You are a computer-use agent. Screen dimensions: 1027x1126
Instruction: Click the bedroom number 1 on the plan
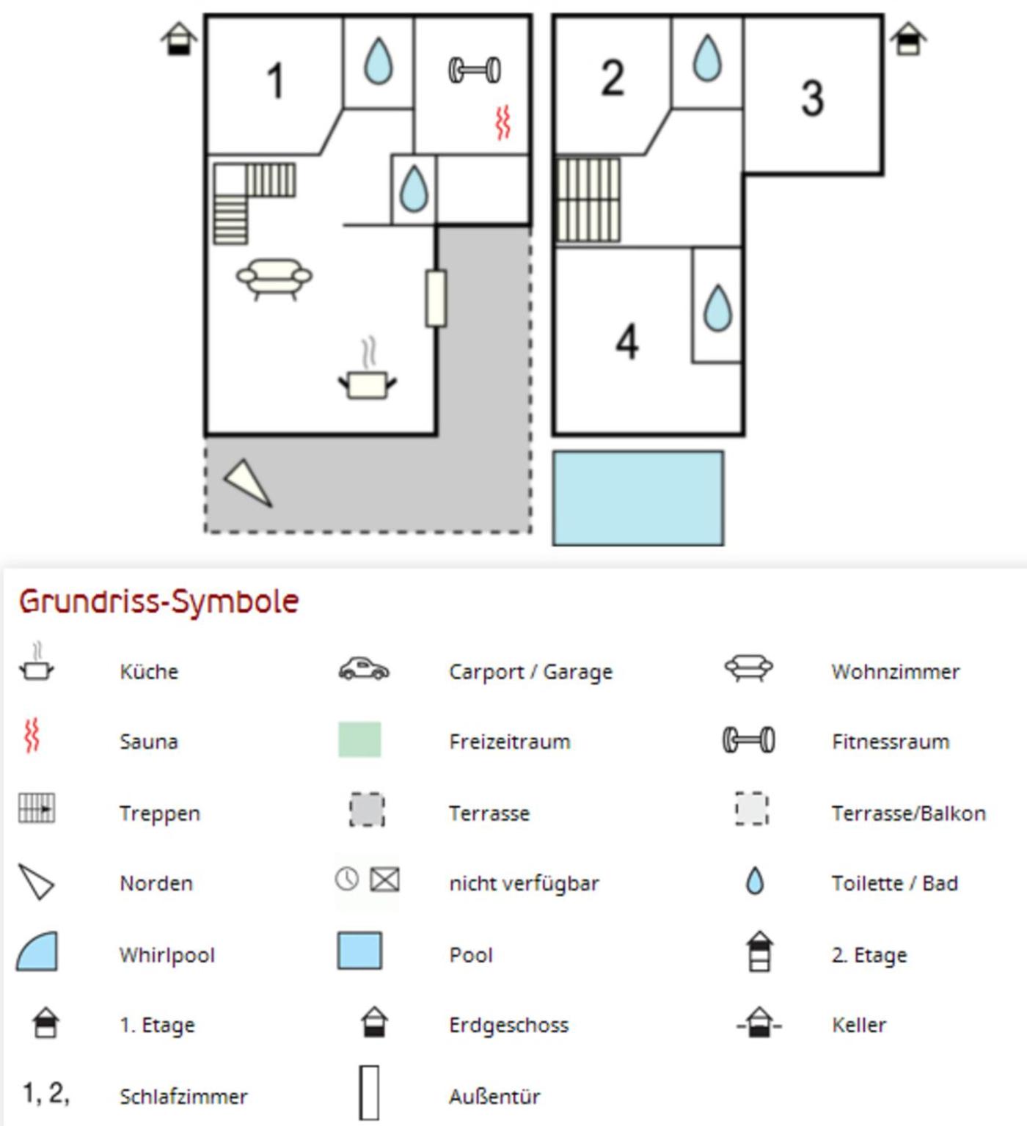(x=276, y=80)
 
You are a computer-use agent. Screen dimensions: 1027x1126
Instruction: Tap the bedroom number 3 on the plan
(x=812, y=98)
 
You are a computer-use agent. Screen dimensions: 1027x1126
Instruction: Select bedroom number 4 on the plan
(x=627, y=341)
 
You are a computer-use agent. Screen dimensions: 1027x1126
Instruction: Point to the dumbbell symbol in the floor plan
(x=475, y=70)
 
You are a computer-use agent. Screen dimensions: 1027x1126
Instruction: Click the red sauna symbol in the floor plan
(x=503, y=123)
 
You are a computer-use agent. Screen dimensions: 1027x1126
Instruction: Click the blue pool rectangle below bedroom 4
(x=638, y=498)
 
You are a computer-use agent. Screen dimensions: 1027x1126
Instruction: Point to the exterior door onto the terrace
(x=436, y=298)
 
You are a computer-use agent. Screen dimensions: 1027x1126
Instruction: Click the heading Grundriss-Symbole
(x=159, y=602)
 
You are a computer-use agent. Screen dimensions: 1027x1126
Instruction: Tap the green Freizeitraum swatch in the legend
(x=359, y=739)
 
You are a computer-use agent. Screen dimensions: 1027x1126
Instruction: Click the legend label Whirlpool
(x=167, y=955)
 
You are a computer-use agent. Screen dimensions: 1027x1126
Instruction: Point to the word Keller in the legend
(x=859, y=1025)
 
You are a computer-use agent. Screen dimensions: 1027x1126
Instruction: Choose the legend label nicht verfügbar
(x=524, y=883)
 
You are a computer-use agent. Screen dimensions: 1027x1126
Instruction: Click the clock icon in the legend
(x=347, y=879)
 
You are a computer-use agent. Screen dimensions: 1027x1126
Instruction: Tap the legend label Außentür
(x=494, y=1096)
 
